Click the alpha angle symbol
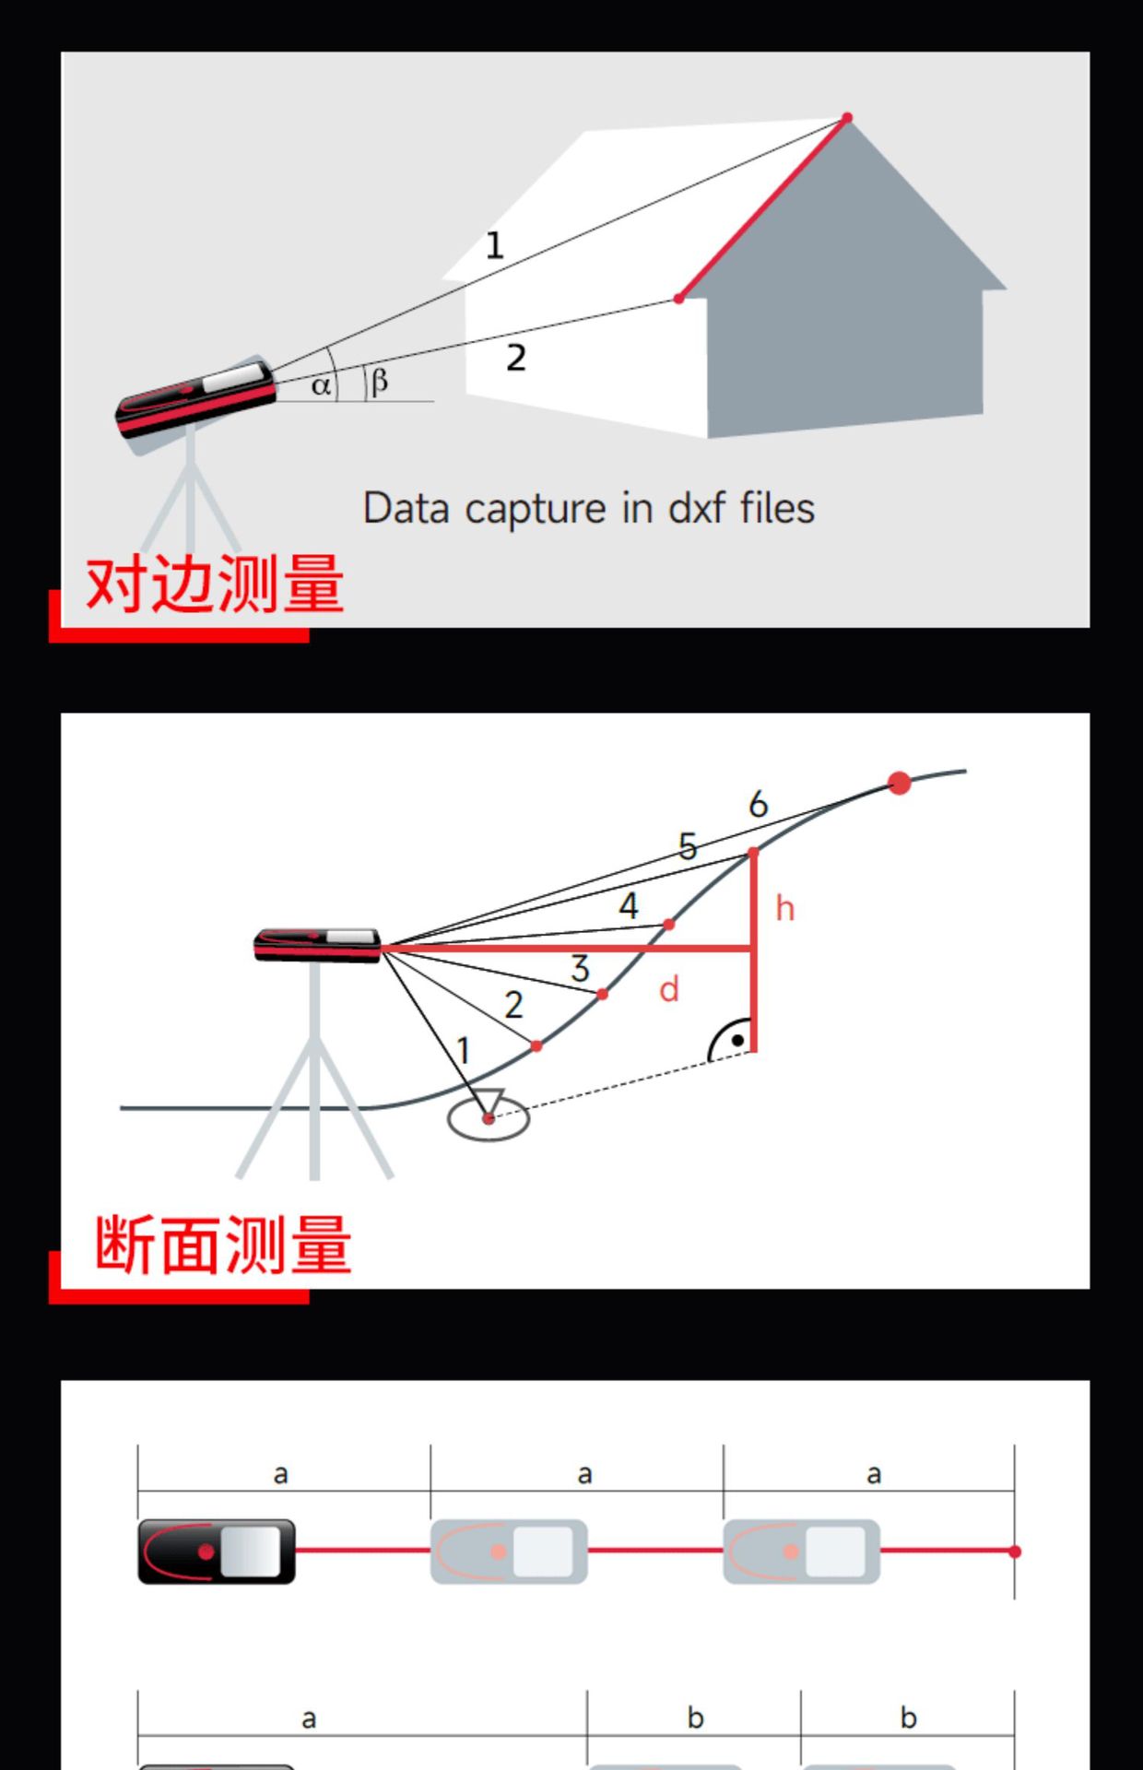[x=320, y=385]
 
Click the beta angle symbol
[x=379, y=381]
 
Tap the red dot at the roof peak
[x=847, y=118]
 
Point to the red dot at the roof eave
[x=678, y=299]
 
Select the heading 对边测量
[x=215, y=584]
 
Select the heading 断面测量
[x=223, y=1245]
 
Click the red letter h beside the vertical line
[x=784, y=909]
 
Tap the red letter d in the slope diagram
[x=669, y=990]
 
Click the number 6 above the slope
[x=758, y=804]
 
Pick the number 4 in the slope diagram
[x=629, y=905]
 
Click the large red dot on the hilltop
[x=900, y=784]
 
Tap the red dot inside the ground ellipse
[x=489, y=1118]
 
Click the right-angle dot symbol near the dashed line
[x=737, y=1041]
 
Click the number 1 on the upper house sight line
[x=495, y=245]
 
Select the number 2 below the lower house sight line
[x=516, y=358]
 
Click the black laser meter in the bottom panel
[x=217, y=1552]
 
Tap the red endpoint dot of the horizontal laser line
[x=1015, y=1552]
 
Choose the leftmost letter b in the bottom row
[x=695, y=1718]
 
